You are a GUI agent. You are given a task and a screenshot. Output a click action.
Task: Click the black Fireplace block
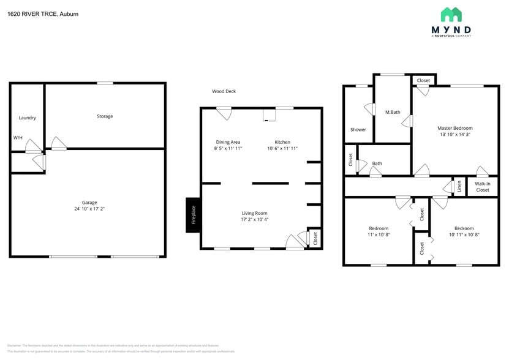coord(193,215)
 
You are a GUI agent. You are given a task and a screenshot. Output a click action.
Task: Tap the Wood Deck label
coord(224,91)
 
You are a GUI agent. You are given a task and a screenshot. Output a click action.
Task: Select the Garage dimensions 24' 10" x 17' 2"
coord(89,209)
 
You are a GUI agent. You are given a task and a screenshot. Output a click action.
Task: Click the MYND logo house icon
coord(451,15)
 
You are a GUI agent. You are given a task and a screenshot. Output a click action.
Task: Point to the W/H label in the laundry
coord(18,138)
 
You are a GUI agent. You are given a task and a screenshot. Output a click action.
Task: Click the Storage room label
coord(105,116)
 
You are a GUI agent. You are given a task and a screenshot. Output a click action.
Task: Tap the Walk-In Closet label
coord(483,187)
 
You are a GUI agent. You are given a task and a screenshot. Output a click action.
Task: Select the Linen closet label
coord(459,186)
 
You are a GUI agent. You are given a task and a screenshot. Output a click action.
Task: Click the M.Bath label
coord(393,112)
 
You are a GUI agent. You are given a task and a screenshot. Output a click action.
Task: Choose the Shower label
coord(358,130)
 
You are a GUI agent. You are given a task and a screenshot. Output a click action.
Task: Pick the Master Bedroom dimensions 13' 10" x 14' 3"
coord(455,135)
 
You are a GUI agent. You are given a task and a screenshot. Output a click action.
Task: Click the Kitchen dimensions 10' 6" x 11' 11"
coord(282,148)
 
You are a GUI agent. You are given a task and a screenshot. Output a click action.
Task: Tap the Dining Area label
coord(228,142)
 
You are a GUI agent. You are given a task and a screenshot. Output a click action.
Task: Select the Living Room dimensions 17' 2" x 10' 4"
coord(254,219)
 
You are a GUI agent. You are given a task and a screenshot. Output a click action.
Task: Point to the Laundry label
coord(28,118)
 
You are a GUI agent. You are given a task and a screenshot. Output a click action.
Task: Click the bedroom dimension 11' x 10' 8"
coord(379,234)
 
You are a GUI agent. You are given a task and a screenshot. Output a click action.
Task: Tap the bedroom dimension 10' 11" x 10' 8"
coord(464,234)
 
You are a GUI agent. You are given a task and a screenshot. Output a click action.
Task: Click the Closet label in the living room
coord(315,238)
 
